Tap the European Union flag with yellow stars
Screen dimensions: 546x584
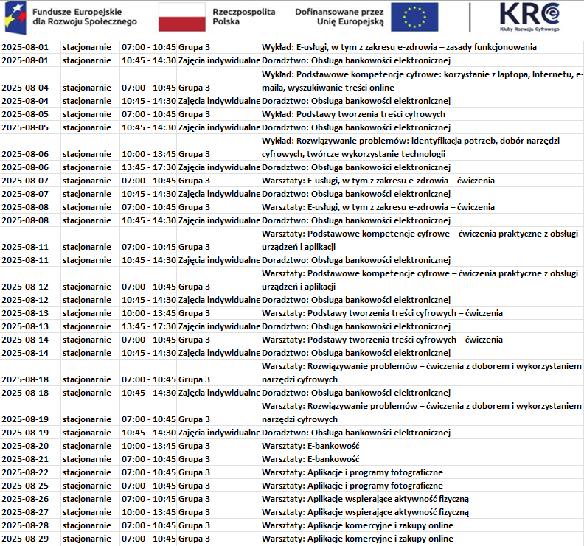point(414,17)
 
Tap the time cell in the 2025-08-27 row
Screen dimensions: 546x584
point(148,512)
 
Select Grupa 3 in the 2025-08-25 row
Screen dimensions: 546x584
point(194,486)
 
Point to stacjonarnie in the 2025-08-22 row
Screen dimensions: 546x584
point(87,472)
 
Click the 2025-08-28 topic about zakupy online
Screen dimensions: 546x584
point(358,525)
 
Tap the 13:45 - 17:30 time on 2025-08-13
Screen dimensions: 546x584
point(148,326)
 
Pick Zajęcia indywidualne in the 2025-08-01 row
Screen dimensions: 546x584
point(219,61)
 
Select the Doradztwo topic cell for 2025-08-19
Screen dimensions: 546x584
point(355,433)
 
